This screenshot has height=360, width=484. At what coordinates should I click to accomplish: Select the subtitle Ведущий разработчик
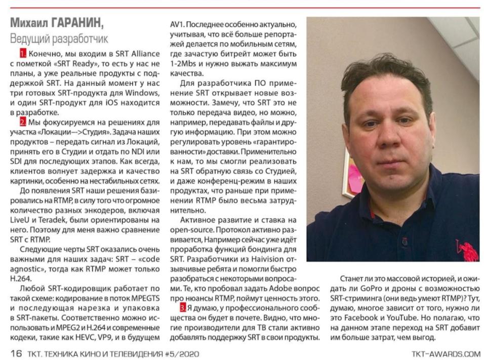[59, 38]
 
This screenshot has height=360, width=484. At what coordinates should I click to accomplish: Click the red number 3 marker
[183, 307]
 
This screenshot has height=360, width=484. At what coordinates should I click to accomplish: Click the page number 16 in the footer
[16, 353]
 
